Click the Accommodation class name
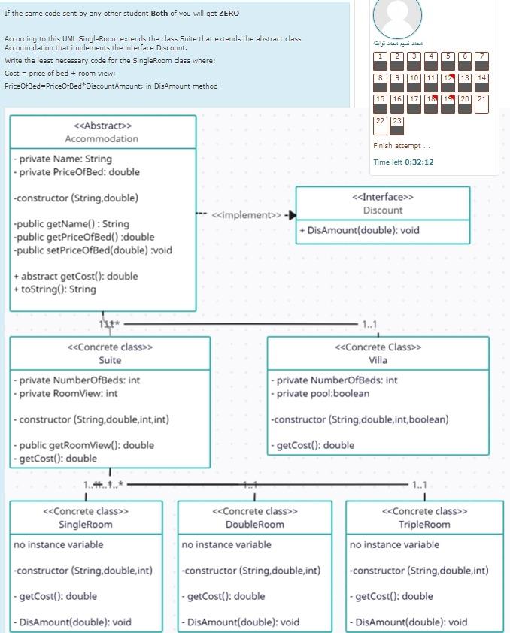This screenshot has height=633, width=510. (102, 138)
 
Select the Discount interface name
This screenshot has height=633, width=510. (382, 210)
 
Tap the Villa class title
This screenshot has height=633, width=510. (378, 360)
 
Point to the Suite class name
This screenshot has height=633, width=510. (110, 360)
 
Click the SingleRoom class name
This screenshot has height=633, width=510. (86, 524)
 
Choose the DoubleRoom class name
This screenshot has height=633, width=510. (254, 524)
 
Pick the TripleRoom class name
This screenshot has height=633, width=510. (424, 524)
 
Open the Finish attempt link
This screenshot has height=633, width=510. (401, 146)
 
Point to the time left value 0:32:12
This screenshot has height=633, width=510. (419, 162)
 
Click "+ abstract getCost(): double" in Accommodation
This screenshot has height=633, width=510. (75, 276)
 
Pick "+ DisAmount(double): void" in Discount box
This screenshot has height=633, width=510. (360, 230)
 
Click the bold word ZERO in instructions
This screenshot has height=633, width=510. (229, 14)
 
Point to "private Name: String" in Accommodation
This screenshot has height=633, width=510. (63, 159)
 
